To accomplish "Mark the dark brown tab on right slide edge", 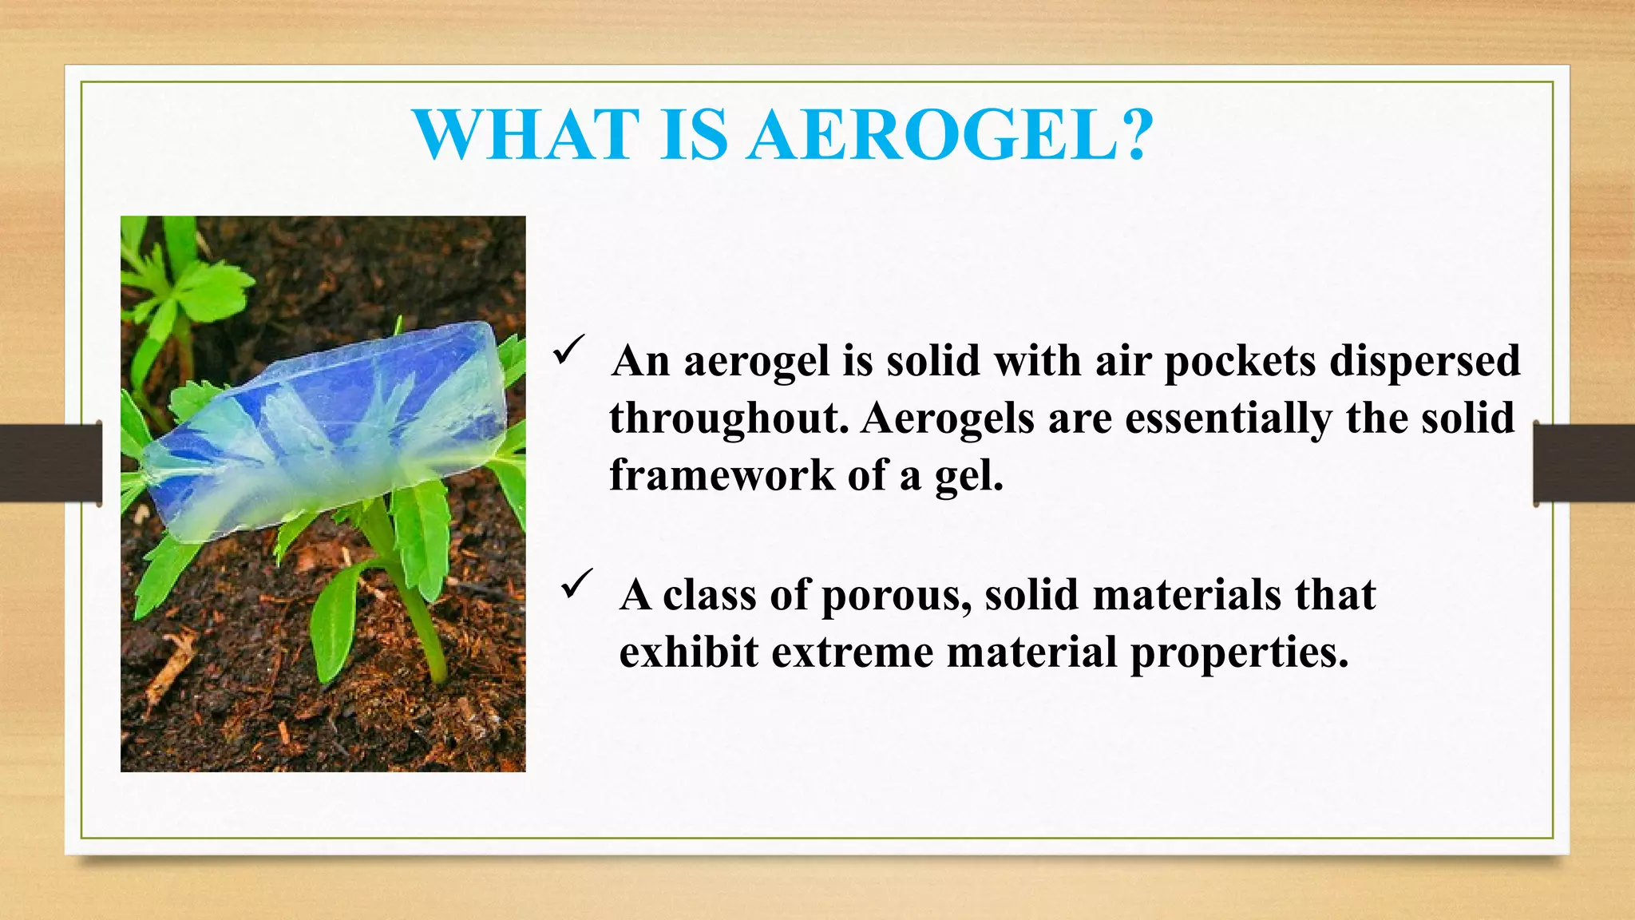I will pyautogui.click(x=1584, y=464).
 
